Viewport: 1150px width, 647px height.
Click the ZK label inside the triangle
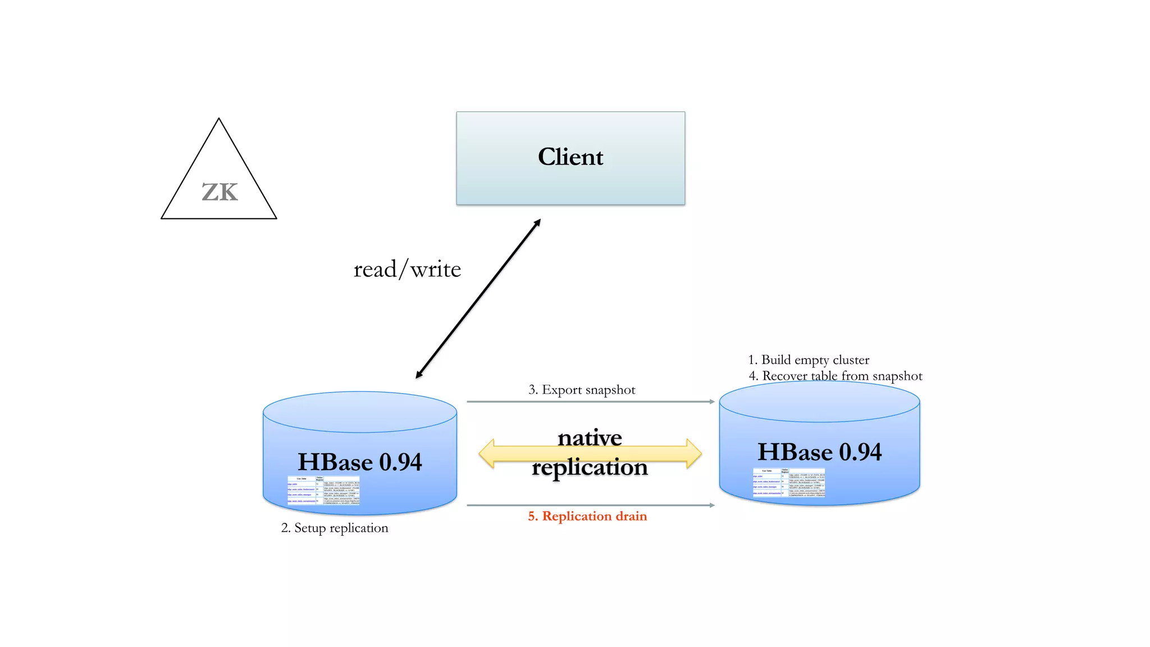[x=220, y=193]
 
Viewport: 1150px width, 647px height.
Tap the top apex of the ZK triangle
[x=219, y=120]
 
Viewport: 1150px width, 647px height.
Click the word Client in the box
[x=571, y=157]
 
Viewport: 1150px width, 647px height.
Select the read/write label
[x=407, y=270]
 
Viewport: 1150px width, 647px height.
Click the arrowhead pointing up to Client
[x=537, y=222]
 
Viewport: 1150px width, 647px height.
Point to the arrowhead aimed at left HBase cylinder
[x=419, y=375]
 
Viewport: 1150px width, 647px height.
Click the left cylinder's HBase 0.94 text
[x=359, y=462]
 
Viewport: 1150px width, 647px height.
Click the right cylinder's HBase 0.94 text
[x=819, y=452]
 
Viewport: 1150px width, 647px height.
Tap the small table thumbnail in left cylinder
[x=323, y=490]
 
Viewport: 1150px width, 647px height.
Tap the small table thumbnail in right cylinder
[x=789, y=482]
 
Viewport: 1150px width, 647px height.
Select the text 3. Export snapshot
[x=582, y=390]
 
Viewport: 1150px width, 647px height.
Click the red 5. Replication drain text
[x=587, y=516]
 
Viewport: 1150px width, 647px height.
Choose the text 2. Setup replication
[x=335, y=528]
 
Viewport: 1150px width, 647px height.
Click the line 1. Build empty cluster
[x=809, y=360]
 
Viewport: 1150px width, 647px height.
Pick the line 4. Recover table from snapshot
[x=836, y=376]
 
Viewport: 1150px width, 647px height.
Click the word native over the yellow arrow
[x=590, y=438]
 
